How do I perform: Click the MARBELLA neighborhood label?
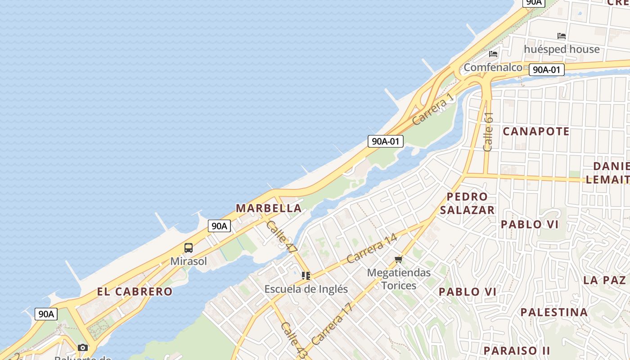(x=269, y=208)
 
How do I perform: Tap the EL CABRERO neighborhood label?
(x=135, y=292)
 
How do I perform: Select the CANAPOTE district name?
(x=536, y=131)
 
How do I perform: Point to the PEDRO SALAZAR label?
(x=467, y=203)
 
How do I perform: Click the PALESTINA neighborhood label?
(x=554, y=312)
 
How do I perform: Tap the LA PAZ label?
(x=604, y=280)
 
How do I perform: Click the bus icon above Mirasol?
(x=189, y=248)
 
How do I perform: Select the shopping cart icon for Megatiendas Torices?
(x=398, y=260)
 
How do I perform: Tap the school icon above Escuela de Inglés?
(x=306, y=276)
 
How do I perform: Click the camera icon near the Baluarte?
(x=83, y=347)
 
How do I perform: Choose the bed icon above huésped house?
(x=561, y=36)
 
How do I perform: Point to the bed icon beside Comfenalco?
(x=493, y=54)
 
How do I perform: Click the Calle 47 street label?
(x=282, y=235)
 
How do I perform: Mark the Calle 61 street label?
(x=488, y=131)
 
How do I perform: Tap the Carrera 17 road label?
(x=332, y=324)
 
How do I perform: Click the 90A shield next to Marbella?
(x=219, y=226)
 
